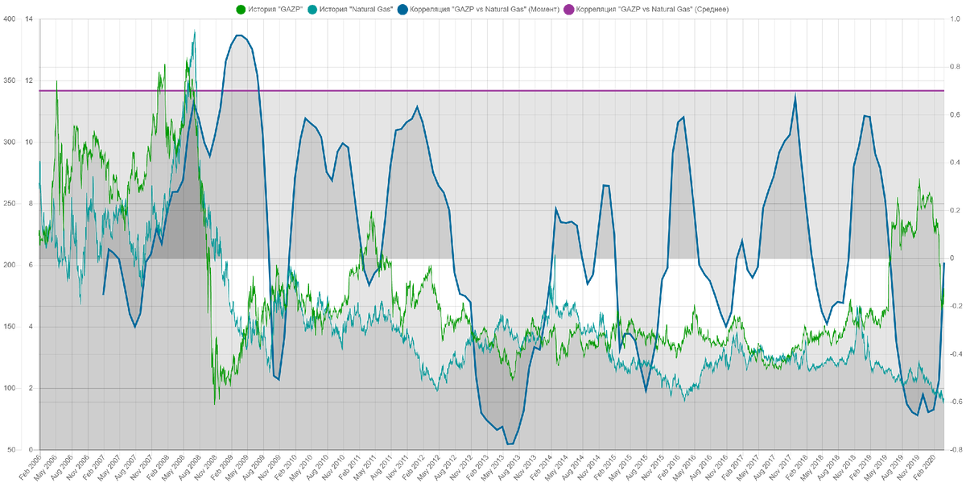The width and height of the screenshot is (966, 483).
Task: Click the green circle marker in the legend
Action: [240, 9]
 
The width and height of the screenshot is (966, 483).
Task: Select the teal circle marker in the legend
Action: [312, 9]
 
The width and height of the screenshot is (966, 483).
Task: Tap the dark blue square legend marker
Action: [402, 9]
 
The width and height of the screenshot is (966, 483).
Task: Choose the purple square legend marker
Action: [568, 9]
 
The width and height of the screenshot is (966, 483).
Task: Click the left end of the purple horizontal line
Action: [38, 90]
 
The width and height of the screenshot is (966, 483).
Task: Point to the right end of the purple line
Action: [945, 90]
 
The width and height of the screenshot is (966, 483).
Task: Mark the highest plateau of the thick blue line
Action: [240, 34]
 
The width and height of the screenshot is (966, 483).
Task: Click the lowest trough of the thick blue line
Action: [510, 444]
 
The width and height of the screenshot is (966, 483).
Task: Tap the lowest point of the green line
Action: [215, 403]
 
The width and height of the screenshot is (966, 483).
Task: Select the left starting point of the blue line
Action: [104, 295]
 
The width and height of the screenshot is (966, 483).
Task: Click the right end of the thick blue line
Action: [945, 263]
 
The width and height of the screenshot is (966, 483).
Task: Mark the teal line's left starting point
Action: [38, 162]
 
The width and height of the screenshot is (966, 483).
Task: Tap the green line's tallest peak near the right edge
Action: [919, 180]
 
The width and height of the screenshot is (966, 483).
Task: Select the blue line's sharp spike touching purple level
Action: [795, 93]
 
